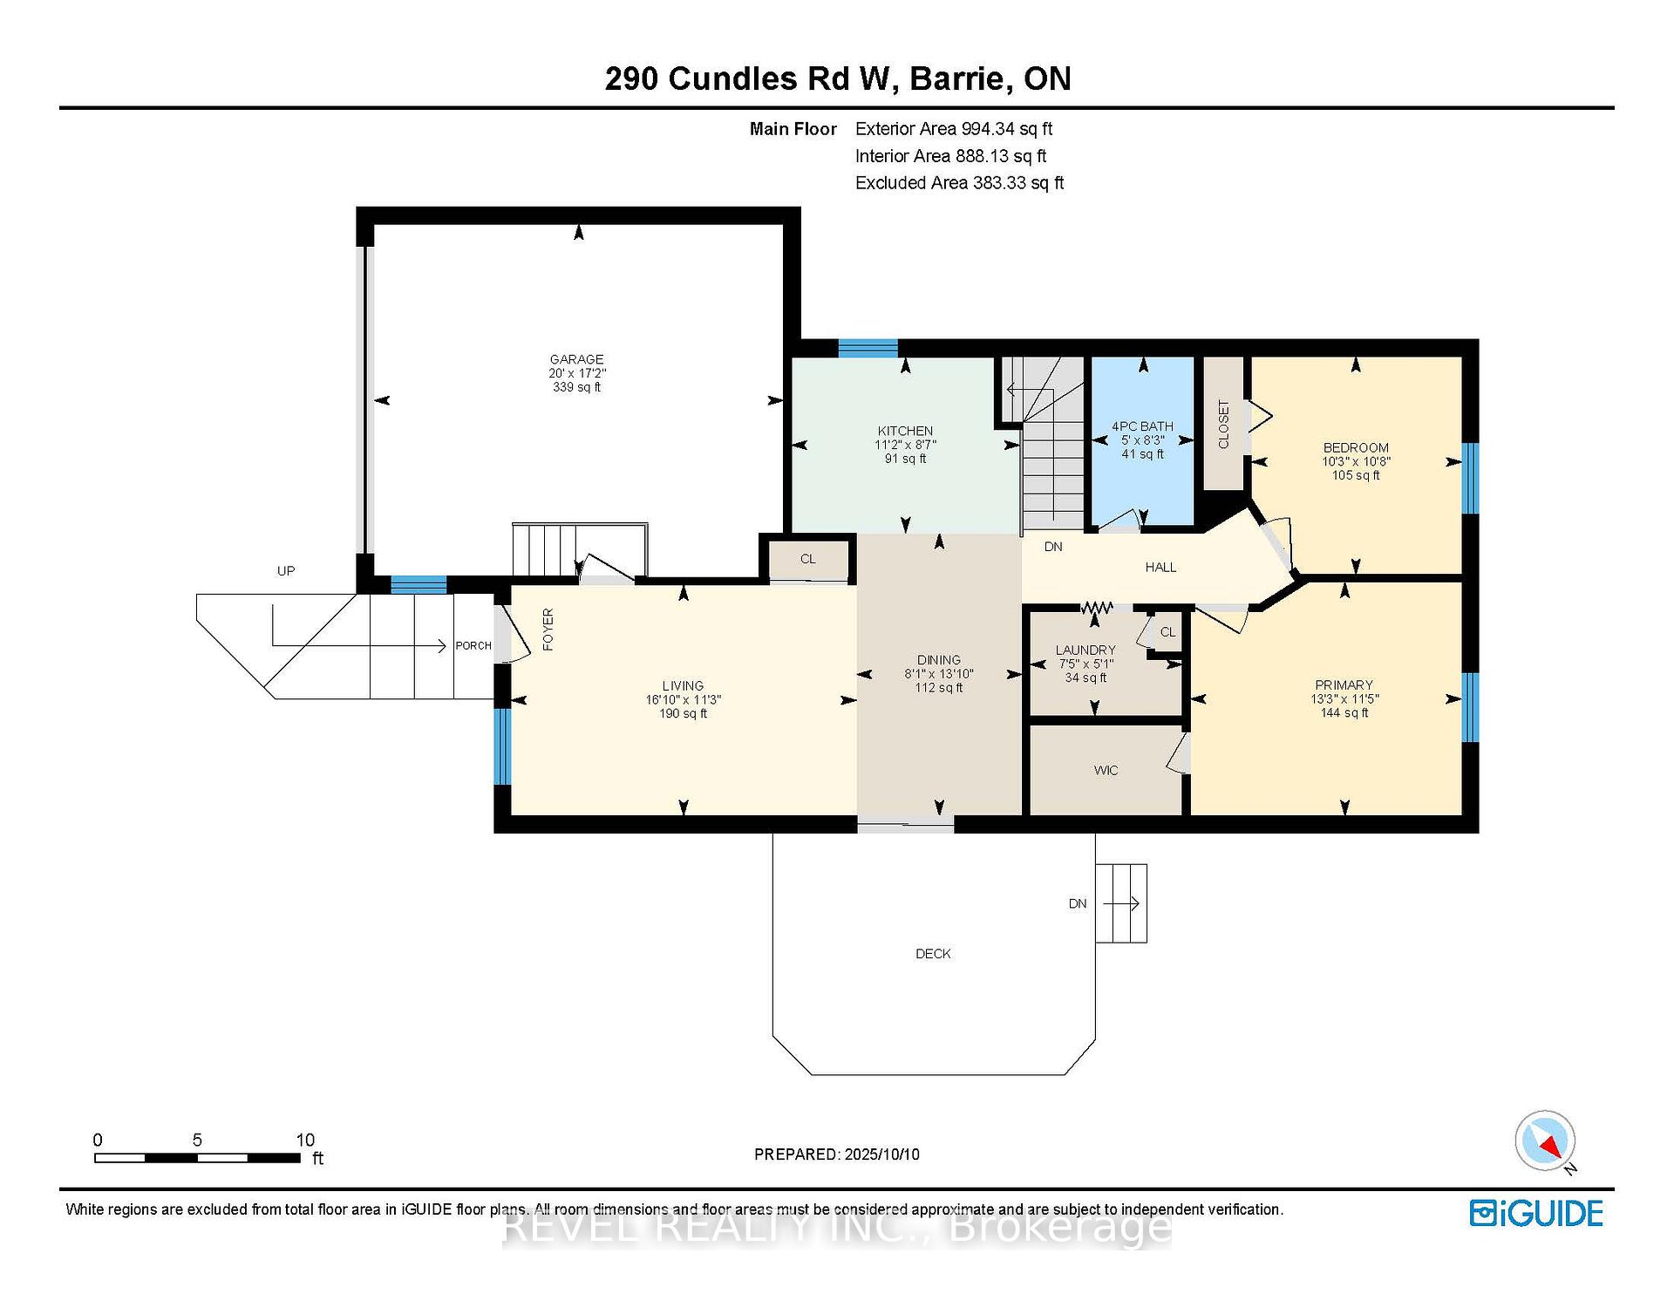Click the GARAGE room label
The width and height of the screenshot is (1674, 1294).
point(576,359)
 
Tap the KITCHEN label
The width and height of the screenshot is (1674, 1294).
point(905,431)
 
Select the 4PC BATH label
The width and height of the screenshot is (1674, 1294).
point(1142,426)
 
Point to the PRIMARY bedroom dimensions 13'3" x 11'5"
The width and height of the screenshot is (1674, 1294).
point(1344,699)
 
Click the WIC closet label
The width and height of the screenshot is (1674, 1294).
point(1106,771)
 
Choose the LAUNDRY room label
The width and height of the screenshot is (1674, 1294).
point(1085,650)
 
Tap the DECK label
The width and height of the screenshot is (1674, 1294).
point(933,954)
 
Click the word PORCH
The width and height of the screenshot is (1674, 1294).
point(473,646)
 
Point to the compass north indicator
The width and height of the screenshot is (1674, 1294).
point(1546,1141)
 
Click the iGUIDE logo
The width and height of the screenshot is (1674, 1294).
point(1536,1214)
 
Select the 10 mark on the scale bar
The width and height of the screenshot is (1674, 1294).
point(305,1140)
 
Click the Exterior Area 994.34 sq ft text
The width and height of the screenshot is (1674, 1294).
point(954,129)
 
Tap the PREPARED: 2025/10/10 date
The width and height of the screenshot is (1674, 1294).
point(837,1154)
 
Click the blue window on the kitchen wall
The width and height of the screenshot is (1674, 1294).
point(868,348)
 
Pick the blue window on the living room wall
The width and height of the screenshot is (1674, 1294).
point(502,746)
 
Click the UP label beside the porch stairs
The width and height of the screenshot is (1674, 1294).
point(286,571)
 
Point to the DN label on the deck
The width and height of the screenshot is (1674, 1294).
point(1078,903)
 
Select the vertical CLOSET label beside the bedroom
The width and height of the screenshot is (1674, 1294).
point(1223,425)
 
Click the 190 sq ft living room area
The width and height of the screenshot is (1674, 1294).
point(683,714)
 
